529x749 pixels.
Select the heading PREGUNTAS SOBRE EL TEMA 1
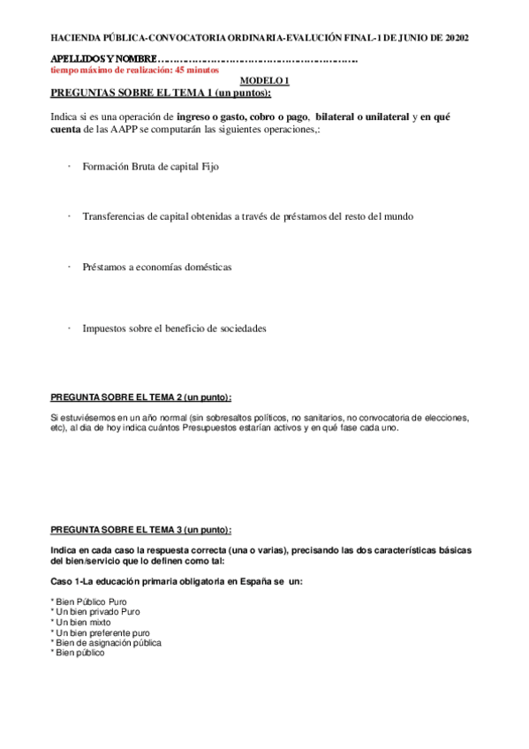(x=161, y=92)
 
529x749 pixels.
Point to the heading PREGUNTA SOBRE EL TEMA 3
(x=141, y=529)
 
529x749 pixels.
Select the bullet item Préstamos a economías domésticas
(x=157, y=267)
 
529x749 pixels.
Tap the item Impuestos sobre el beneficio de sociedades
(x=174, y=328)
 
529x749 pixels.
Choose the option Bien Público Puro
(x=89, y=601)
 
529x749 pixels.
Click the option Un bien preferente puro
(x=102, y=632)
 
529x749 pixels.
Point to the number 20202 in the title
(x=457, y=39)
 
